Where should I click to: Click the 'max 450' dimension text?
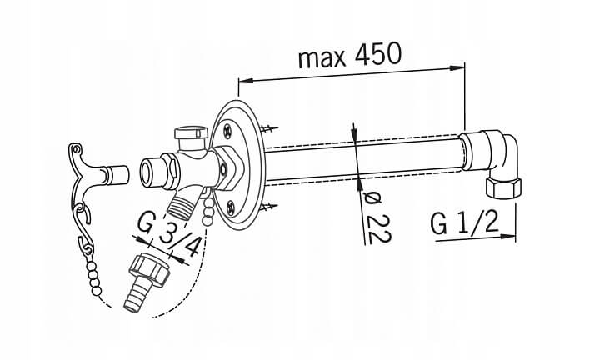click(350, 56)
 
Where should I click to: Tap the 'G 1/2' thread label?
click(465, 223)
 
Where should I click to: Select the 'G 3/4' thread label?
click(168, 236)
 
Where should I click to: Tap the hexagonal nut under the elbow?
click(503, 187)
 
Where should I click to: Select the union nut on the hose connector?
click(150, 267)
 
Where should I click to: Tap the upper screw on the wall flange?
click(228, 130)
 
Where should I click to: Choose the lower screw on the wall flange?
click(231, 206)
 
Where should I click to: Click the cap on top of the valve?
click(191, 132)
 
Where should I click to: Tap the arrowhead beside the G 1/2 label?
click(507, 236)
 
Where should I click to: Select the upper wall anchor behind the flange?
click(269, 128)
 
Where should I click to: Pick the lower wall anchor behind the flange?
click(269, 206)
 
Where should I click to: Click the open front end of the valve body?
click(147, 172)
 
